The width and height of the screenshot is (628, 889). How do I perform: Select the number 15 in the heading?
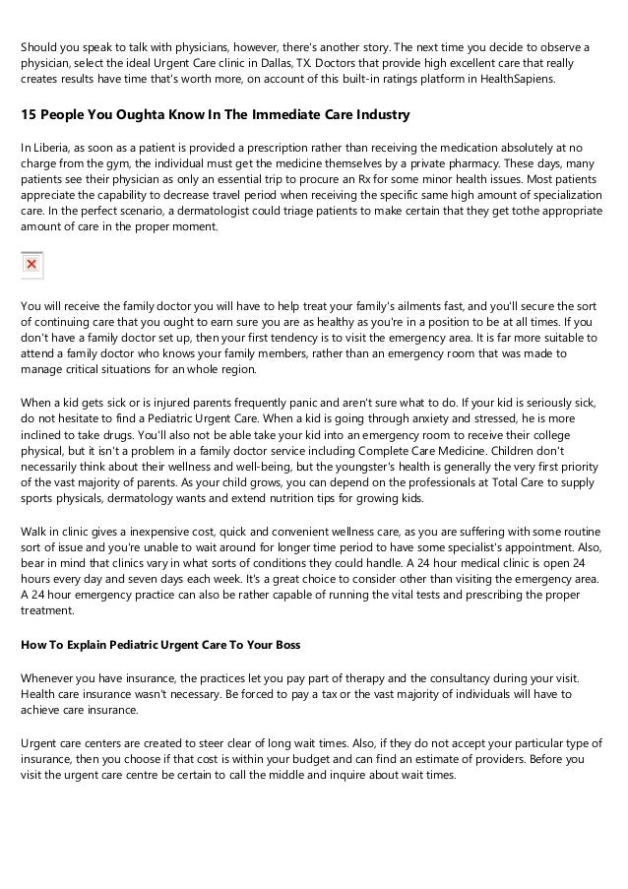pos(29,115)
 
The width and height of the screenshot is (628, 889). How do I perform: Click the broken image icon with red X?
pos(31,265)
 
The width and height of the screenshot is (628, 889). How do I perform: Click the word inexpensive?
pos(148,532)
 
